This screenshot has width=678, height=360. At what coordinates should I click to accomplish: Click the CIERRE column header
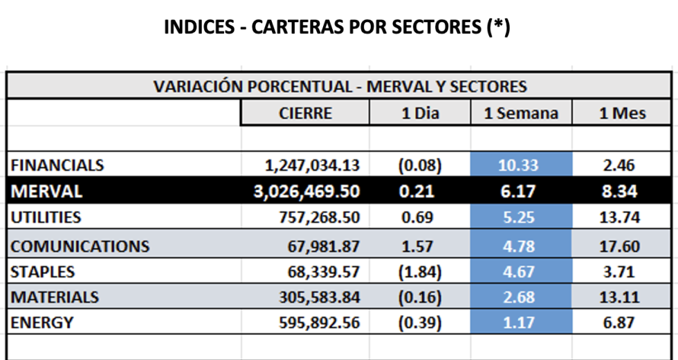(x=305, y=114)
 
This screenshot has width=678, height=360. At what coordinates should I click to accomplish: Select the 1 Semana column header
(x=521, y=114)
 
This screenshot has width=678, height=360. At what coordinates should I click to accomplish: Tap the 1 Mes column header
(x=622, y=114)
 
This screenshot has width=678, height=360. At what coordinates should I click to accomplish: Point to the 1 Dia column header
(x=420, y=114)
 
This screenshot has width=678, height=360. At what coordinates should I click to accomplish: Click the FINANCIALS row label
(x=57, y=165)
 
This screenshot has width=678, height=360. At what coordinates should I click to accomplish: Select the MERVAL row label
(x=47, y=191)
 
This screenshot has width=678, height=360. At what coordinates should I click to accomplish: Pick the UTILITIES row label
(x=46, y=217)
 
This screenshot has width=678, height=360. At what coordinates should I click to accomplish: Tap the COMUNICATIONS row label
(x=80, y=246)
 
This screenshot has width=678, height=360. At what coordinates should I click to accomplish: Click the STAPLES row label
(x=43, y=271)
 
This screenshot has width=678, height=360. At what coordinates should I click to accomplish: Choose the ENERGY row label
(x=42, y=323)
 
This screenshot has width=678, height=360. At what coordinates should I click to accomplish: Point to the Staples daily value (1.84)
(x=420, y=271)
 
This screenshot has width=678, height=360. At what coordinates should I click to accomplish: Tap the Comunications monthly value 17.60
(x=621, y=246)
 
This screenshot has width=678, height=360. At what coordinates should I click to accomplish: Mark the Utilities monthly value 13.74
(x=621, y=217)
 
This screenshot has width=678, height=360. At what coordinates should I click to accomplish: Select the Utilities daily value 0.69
(x=420, y=217)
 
